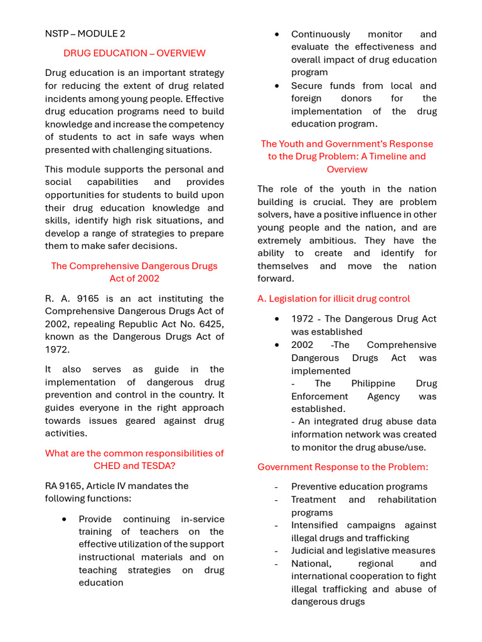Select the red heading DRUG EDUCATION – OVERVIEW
(x=134, y=53)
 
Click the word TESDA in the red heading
(x=159, y=466)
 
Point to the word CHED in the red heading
(x=107, y=466)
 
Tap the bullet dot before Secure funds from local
(x=277, y=86)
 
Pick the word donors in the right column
(x=356, y=98)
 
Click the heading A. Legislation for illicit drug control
(x=333, y=299)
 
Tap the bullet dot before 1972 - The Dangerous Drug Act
(x=277, y=319)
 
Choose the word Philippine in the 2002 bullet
(x=373, y=384)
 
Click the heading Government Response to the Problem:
(x=343, y=467)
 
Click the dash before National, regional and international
(x=276, y=564)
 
